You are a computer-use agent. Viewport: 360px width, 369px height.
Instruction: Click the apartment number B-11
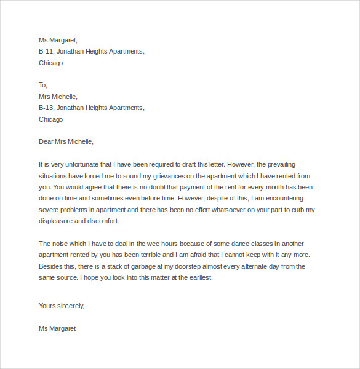point(46,51)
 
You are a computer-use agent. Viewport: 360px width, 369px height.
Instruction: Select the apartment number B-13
point(46,108)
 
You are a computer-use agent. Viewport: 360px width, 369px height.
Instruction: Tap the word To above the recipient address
point(42,85)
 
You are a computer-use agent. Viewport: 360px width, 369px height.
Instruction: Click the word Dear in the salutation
point(47,141)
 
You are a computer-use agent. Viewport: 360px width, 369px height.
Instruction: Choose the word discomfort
point(105,221)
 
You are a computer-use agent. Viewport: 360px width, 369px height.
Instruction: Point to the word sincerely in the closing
point(70,306)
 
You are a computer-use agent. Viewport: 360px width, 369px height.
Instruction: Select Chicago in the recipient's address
point(50,119)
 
